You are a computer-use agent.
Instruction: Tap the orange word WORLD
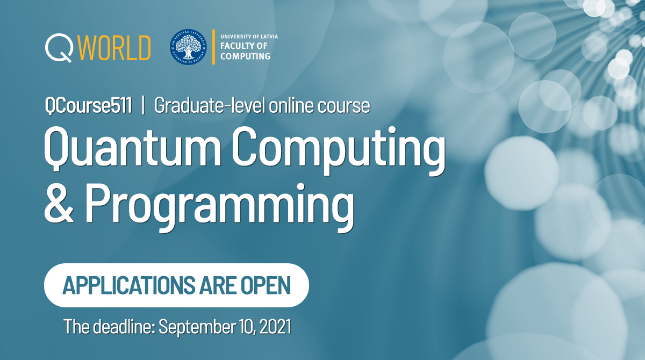(114, 48)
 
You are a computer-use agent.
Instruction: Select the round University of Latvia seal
(188, 47)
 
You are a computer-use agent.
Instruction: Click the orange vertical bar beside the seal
(214, 47)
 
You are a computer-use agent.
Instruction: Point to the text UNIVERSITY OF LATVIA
(249, 37)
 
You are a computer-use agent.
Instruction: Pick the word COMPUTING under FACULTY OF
(245, 56)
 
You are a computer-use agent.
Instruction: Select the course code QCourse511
(88, 106)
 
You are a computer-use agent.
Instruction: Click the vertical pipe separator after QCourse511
(143, 106)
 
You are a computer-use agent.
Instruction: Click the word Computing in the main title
(339, 151)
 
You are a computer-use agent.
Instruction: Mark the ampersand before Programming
(59, 204)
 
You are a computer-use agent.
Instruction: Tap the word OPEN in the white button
(266, 285)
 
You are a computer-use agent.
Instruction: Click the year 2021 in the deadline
(275, 326)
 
